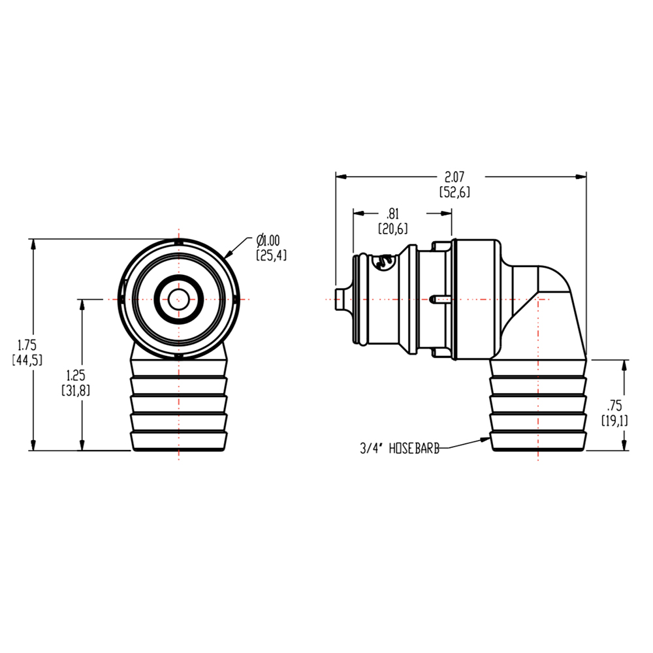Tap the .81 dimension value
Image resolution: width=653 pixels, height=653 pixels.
click(x=392, y=214)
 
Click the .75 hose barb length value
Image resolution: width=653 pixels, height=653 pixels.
click(x=614, y=406)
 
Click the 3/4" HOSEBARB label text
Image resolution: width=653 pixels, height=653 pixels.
click(x=399, y=448)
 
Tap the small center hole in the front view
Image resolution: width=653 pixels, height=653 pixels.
click(x=178, y=300)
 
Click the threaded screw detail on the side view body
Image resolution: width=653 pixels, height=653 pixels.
click(x=384, y=263)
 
